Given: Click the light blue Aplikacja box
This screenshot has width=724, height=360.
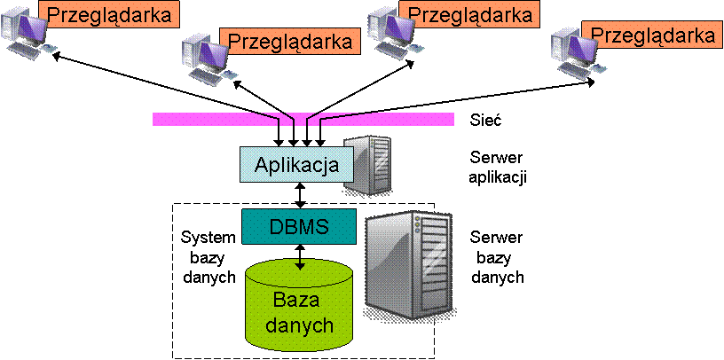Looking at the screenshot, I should (296, 164).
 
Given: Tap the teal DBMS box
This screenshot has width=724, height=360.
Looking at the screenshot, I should (299, 226).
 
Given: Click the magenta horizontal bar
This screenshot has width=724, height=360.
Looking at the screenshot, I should (204, 119).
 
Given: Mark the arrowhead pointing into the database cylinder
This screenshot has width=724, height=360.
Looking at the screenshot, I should (301, 264).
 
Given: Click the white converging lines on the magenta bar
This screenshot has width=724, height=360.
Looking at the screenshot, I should (301, 118).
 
